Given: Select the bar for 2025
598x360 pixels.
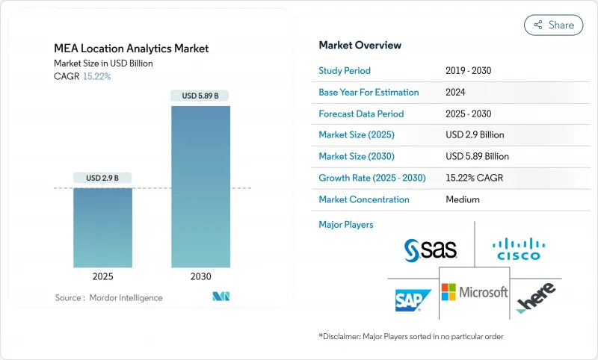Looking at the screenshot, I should (102, 227).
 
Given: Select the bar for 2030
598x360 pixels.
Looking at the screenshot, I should (200, 187).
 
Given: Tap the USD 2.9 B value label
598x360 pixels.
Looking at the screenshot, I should (102, 178).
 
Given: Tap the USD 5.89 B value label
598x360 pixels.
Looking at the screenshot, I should (200, 96).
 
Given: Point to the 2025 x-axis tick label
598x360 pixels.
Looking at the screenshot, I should (102, 276).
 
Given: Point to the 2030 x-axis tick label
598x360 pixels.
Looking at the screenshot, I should (200, 276).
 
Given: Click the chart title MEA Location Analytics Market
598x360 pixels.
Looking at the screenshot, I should (132, 49).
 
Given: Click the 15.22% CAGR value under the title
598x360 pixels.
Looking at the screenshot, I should (96, 76).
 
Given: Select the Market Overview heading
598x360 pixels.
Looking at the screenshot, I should (360, 46).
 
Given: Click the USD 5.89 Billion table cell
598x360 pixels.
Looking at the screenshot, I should (477, 157).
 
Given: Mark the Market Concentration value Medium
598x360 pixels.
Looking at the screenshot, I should (462, 199).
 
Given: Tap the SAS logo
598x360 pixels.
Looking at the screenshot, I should (431, 250).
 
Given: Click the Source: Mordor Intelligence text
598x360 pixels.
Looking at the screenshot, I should (108, 297).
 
